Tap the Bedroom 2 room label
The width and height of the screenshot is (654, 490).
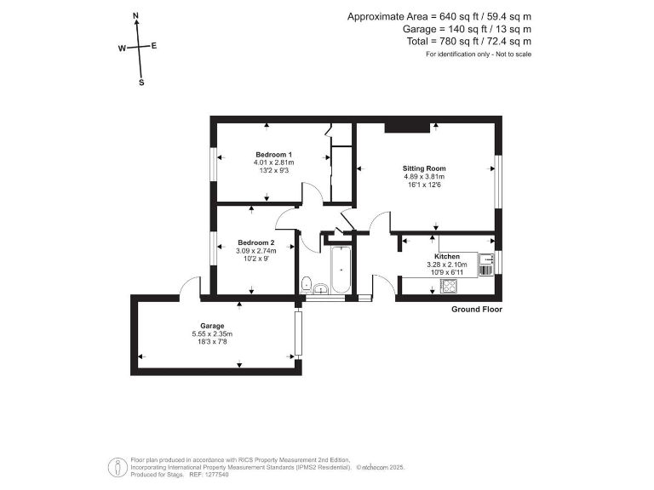(x=255, y=242)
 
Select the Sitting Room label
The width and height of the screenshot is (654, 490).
(x=424, y=168)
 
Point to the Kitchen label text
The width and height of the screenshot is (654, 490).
(x=447, y=256)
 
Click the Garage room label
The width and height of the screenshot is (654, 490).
(x=212, y=326)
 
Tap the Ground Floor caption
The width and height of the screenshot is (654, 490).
(x=476, y=309)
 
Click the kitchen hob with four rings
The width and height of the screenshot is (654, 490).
(x=448, y=286)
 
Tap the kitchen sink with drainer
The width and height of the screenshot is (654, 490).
(x=486, y=264)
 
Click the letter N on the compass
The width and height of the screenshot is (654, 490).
(x=136, y=16)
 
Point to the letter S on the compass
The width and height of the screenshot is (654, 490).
(x=141, y=83)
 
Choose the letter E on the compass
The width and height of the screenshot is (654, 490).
(x=154, y=46)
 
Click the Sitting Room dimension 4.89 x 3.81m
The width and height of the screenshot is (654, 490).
(x=424, y=177)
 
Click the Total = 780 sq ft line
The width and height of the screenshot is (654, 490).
(x=468, y=41)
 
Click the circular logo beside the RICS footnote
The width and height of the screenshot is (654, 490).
(x=114, y=467)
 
